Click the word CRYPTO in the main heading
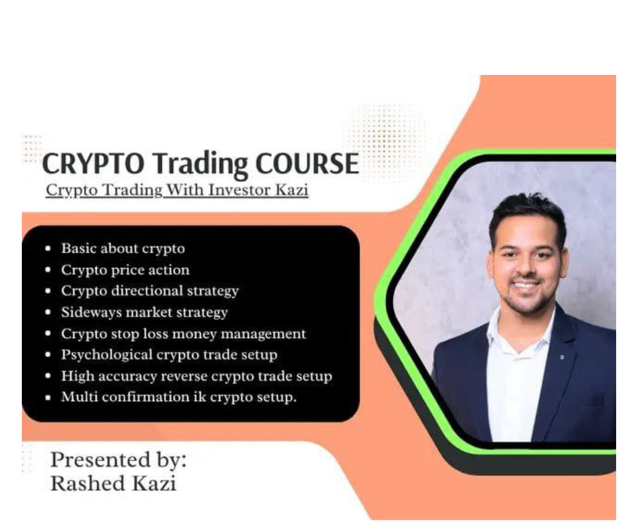tap(83, 164)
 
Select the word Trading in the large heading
tap(191, 164)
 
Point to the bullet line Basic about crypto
tap(123, 248)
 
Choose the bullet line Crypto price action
tap(125, 270)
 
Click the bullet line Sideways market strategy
tap(144, 312)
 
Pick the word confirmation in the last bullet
tap(146, 397)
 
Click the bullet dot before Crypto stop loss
tap(48, 334)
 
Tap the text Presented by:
tap(118, 459)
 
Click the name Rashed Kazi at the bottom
tap(113, 483)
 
